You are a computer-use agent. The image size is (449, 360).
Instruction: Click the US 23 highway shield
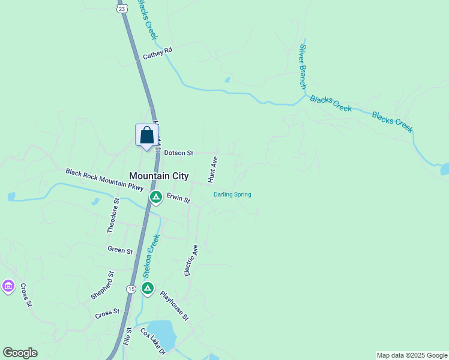tap(122, 8)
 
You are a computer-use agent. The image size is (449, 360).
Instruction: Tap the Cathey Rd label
tap(157, 53)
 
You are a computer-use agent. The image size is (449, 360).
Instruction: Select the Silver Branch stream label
tap(303, 67)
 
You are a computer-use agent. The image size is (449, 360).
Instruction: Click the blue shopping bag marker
tap(146, 136)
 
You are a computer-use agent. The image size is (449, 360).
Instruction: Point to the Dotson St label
tap(178, 153)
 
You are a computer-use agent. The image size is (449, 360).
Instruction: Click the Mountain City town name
tap(159, 176)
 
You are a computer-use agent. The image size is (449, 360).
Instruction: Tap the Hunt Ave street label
tap(212, 169)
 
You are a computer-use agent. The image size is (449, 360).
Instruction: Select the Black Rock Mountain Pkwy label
tap(105, 180)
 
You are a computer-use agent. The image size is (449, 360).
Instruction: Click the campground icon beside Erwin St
tap(155, 197)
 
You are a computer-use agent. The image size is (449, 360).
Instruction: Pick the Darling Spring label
tap(232, 194)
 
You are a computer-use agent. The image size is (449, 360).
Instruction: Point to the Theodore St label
tap(112, 215)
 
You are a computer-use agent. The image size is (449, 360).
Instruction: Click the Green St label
tap(120, 250)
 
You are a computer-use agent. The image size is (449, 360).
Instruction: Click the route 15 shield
tap(131, 289)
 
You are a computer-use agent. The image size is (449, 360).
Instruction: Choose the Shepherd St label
tap(101, 286)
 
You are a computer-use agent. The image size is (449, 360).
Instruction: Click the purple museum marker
tap(8, 287)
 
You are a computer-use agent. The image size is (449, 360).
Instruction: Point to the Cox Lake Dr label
tap(152, 341)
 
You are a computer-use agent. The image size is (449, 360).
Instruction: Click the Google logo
tap(20, 353)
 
